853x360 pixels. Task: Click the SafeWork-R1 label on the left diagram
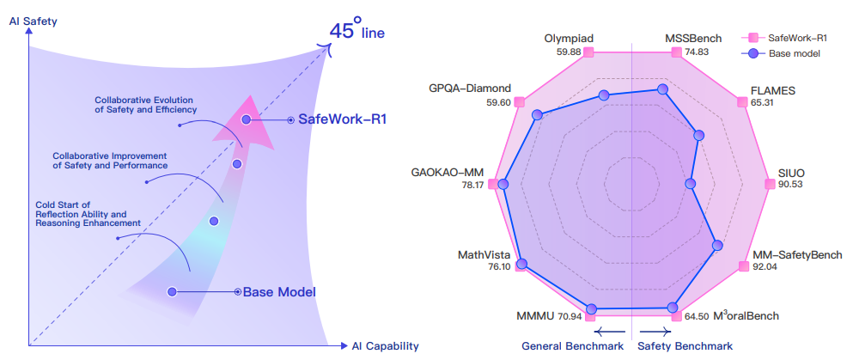click(342, 119)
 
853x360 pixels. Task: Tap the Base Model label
click(279, 292)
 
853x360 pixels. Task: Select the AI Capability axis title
click(385, 346)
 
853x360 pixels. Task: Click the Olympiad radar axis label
click(569, 39)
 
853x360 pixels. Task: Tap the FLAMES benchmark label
click(772, 89)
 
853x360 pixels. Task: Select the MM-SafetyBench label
click(797, 255)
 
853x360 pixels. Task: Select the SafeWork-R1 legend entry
click(795, 38)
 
